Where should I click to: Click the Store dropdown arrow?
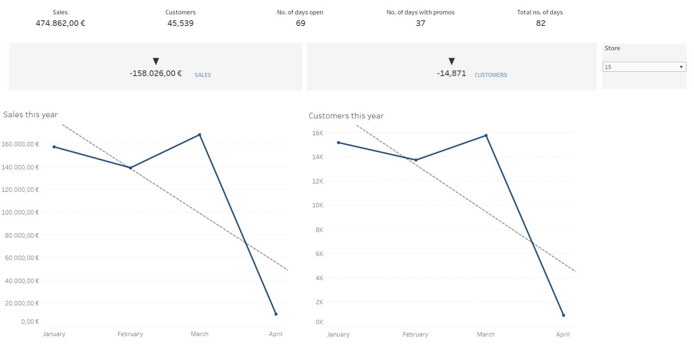(x=681, y=67)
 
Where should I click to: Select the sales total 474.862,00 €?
(x=60, y=23)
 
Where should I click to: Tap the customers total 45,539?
(x=181, y=23)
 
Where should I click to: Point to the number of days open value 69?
(x=301, y=23)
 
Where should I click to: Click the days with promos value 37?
(x=421, y=23)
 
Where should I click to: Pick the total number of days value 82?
(x=541, y=23)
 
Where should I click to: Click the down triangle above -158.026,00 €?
(x=156, y=61)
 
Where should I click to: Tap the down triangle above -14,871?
(x=452, y=61)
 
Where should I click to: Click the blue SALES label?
(x=202, y=75)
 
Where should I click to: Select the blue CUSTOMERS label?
(x=491, y=75)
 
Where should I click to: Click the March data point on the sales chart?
(x=200, y=135)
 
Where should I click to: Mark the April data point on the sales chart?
(x=276, y=314)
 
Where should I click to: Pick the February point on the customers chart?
(x=416, y=160)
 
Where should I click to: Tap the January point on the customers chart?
(x=338, y=142)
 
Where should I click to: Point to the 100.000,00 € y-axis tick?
(x=20, y=212)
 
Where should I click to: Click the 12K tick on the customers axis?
(x=318, y=181)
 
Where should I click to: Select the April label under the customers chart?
(x=563, y=334)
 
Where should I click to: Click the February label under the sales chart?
(x=130, y=334)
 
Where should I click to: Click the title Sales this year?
(x=31, y=115)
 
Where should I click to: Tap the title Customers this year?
(x=346, y=116)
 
